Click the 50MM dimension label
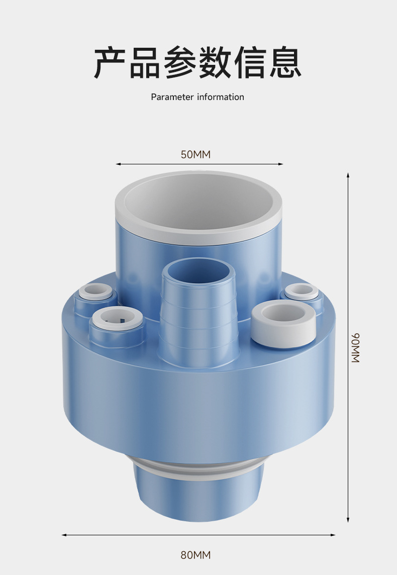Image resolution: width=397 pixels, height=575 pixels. point(196,154)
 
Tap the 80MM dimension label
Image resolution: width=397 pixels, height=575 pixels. point(196,555)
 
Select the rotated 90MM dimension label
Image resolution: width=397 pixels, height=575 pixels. point(356,348)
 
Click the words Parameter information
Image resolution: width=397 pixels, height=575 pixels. point(197,97)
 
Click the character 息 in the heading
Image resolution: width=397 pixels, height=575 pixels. point(285,63)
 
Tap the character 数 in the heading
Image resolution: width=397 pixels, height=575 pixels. point(215,63)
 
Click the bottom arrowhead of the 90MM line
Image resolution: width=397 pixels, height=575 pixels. point(348,520)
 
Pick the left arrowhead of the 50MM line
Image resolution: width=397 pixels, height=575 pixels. point(118,164)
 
